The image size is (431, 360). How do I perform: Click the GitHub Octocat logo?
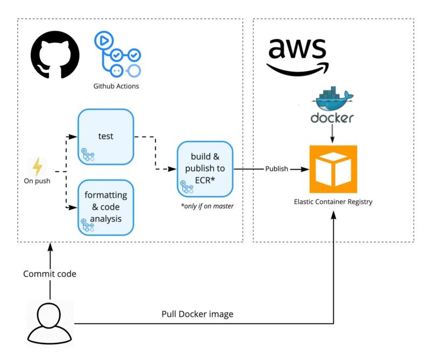tap(55, 55)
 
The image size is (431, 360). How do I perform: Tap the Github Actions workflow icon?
tap(117, 54)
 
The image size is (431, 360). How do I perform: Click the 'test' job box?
tap(106, 136)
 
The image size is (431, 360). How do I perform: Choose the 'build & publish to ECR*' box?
tap(205, 169)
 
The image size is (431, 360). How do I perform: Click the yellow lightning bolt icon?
tap(37, 167)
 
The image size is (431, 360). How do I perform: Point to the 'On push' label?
tap(37, 181)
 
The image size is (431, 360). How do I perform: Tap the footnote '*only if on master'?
tap(207, 205)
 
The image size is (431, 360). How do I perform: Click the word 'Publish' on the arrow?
tap(276, 169)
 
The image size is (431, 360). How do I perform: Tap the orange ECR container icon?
tap(332, 169)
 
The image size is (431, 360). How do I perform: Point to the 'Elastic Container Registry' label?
tap(332, 202)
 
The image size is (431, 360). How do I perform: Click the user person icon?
tap(49, 324)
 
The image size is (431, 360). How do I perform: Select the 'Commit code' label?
tap(50, 274)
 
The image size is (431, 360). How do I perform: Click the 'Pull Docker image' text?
tap(197, 314)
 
